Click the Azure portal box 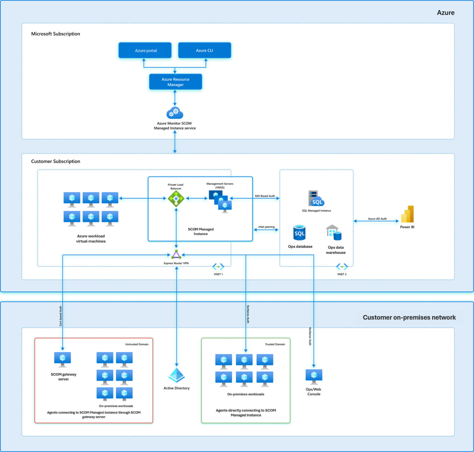[145, 50]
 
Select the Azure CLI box [204, 50]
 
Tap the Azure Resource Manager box [175, 82]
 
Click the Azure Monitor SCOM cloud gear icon [175, 113]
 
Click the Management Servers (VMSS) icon [220, 201]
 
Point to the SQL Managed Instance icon [316, 199]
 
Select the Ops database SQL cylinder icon [299, 233]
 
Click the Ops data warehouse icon [334, 233]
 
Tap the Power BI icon [407, 214]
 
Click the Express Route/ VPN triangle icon [176, 255]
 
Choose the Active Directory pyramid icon [177, 375]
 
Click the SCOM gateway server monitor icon [63, 359]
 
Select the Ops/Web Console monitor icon [314, 376]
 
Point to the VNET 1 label [218, 274]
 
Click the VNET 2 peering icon [342, 267]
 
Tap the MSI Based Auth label [265, 196]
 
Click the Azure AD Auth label [377, 219]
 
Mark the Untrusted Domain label [137, 344]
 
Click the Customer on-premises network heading [409, 318]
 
